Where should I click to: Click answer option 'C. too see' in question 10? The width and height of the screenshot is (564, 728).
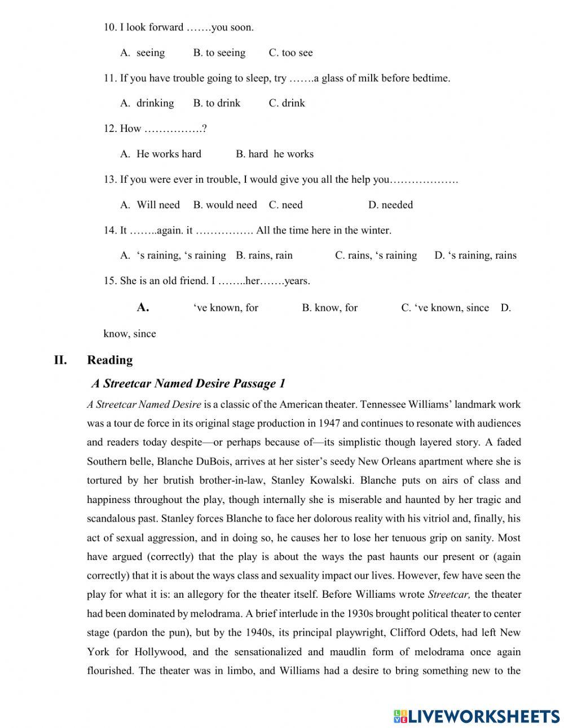pos(290,52)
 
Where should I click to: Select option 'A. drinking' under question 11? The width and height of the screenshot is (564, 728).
pos(147,103)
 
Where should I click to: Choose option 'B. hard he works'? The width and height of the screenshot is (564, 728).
pos(275,153)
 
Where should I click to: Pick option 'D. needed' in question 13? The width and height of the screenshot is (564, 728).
pos(390,205)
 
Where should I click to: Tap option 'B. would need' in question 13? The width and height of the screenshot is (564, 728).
pos(224,205)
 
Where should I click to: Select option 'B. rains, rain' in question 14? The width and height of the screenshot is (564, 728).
pos(264,255)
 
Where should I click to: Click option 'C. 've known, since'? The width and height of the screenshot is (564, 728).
pos(445,308)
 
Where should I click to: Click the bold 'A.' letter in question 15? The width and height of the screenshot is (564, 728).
pos(143,307)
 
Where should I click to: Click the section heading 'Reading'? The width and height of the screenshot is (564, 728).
pos(110,360)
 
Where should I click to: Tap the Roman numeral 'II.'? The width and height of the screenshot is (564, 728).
pos(60,360)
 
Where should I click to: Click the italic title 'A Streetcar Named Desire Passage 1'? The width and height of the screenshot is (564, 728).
pos(188,384)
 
